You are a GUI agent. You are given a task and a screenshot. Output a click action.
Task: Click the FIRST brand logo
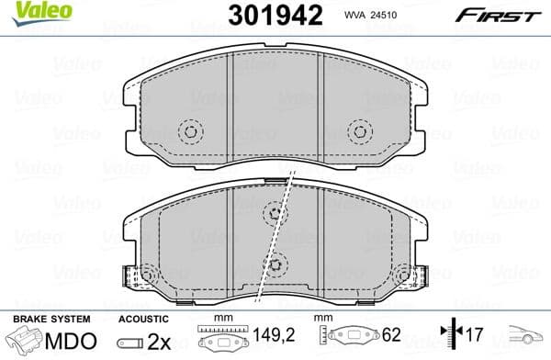click(508, 15)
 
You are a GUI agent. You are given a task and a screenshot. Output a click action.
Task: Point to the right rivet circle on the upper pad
click(359, 131)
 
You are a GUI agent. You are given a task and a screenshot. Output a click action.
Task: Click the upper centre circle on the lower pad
click(274, 213)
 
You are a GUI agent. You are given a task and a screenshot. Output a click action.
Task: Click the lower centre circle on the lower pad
click(277, 261)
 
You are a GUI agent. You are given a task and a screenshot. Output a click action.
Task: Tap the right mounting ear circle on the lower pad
click(410, 274)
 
